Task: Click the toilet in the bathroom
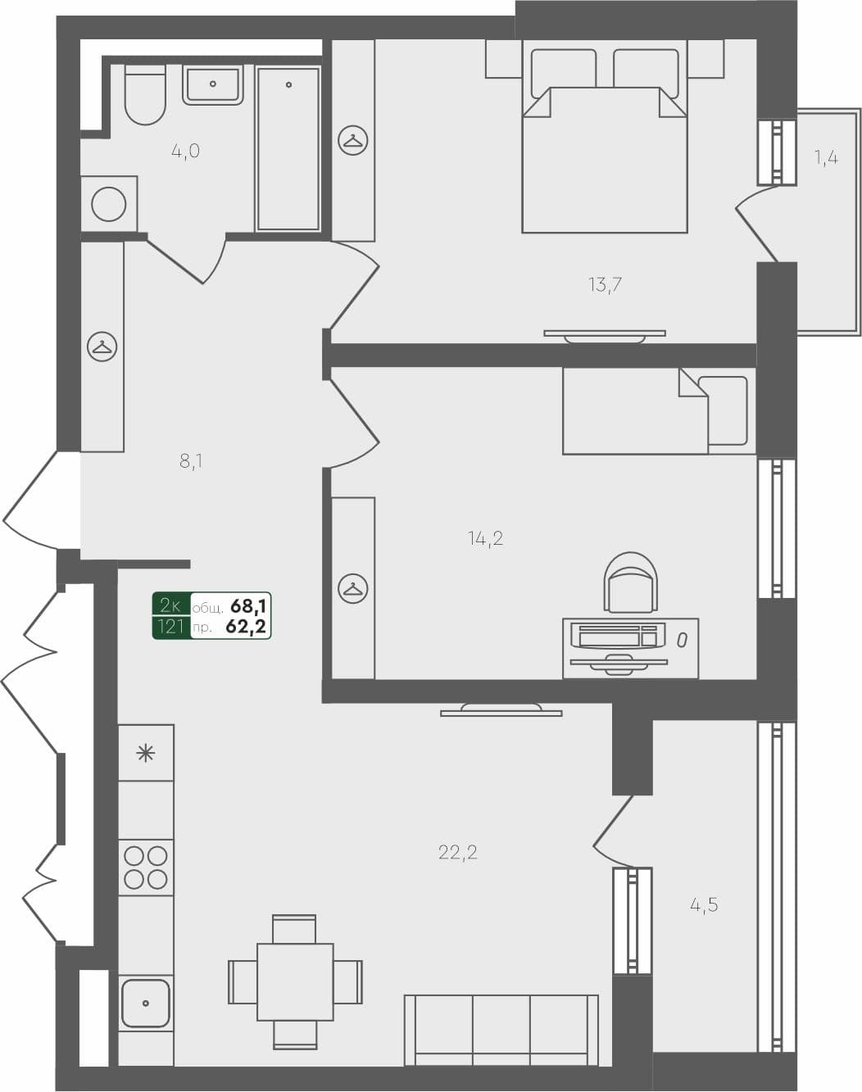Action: point(146,95)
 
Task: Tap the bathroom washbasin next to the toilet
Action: point(213,84)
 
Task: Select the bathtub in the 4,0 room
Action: point(288,148)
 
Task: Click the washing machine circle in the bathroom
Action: point(109,204)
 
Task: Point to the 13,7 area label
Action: point(605,285)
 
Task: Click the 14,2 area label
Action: point(485,538)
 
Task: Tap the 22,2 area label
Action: point(457,853)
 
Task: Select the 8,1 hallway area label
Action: point(191,461)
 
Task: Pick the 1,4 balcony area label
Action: point(826,157)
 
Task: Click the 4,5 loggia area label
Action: point(704,905)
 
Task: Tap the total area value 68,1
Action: point(248,606)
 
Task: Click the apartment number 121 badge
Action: point(170,628)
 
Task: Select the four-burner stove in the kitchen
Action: point(146,868)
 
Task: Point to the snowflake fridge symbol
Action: point(146,753)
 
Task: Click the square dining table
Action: point(295,981)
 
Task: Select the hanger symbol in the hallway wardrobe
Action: point(102,347)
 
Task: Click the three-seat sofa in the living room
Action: point(501,1030)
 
